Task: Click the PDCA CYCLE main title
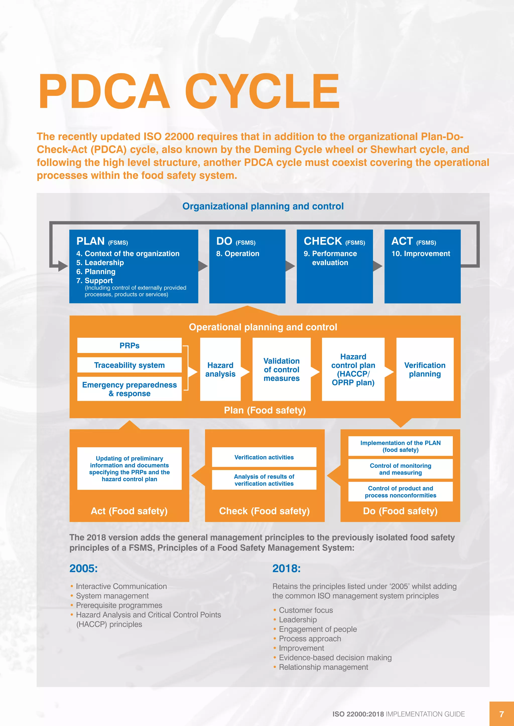[x=189, y=92]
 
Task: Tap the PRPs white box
[x=130, y=345]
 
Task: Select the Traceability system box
[x=130, y=365]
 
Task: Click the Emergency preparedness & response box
[x=130, y=389]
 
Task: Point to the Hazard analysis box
[x=220, y=369]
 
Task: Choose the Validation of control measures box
[x=281, y=369]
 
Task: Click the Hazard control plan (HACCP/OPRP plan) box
[x=353, y=369]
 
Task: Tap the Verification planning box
[x=425, y=369]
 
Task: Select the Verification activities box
[x=264, y=457]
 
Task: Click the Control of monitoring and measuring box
[x=400, y=469]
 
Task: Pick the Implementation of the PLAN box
[x=400, y=446]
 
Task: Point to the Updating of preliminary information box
[x=130, y=468]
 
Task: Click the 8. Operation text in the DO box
[x=238, y=254]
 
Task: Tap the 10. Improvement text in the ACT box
[x=421, y=254]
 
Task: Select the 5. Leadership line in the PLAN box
[x=100, y=262]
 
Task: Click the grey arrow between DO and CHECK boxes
[x=290, y=266]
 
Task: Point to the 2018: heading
[x=286, y=568]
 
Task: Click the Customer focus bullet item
[x=306, y=610]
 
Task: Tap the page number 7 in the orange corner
[x=501, y=714]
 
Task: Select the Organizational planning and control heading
[x=263, y=206]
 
